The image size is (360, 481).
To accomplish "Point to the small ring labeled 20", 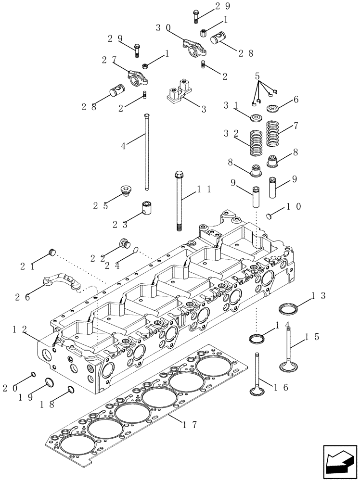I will (x=33, y=374).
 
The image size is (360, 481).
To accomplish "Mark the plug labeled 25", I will (x=127, y=191).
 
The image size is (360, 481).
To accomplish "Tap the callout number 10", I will (x=294, y=206).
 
